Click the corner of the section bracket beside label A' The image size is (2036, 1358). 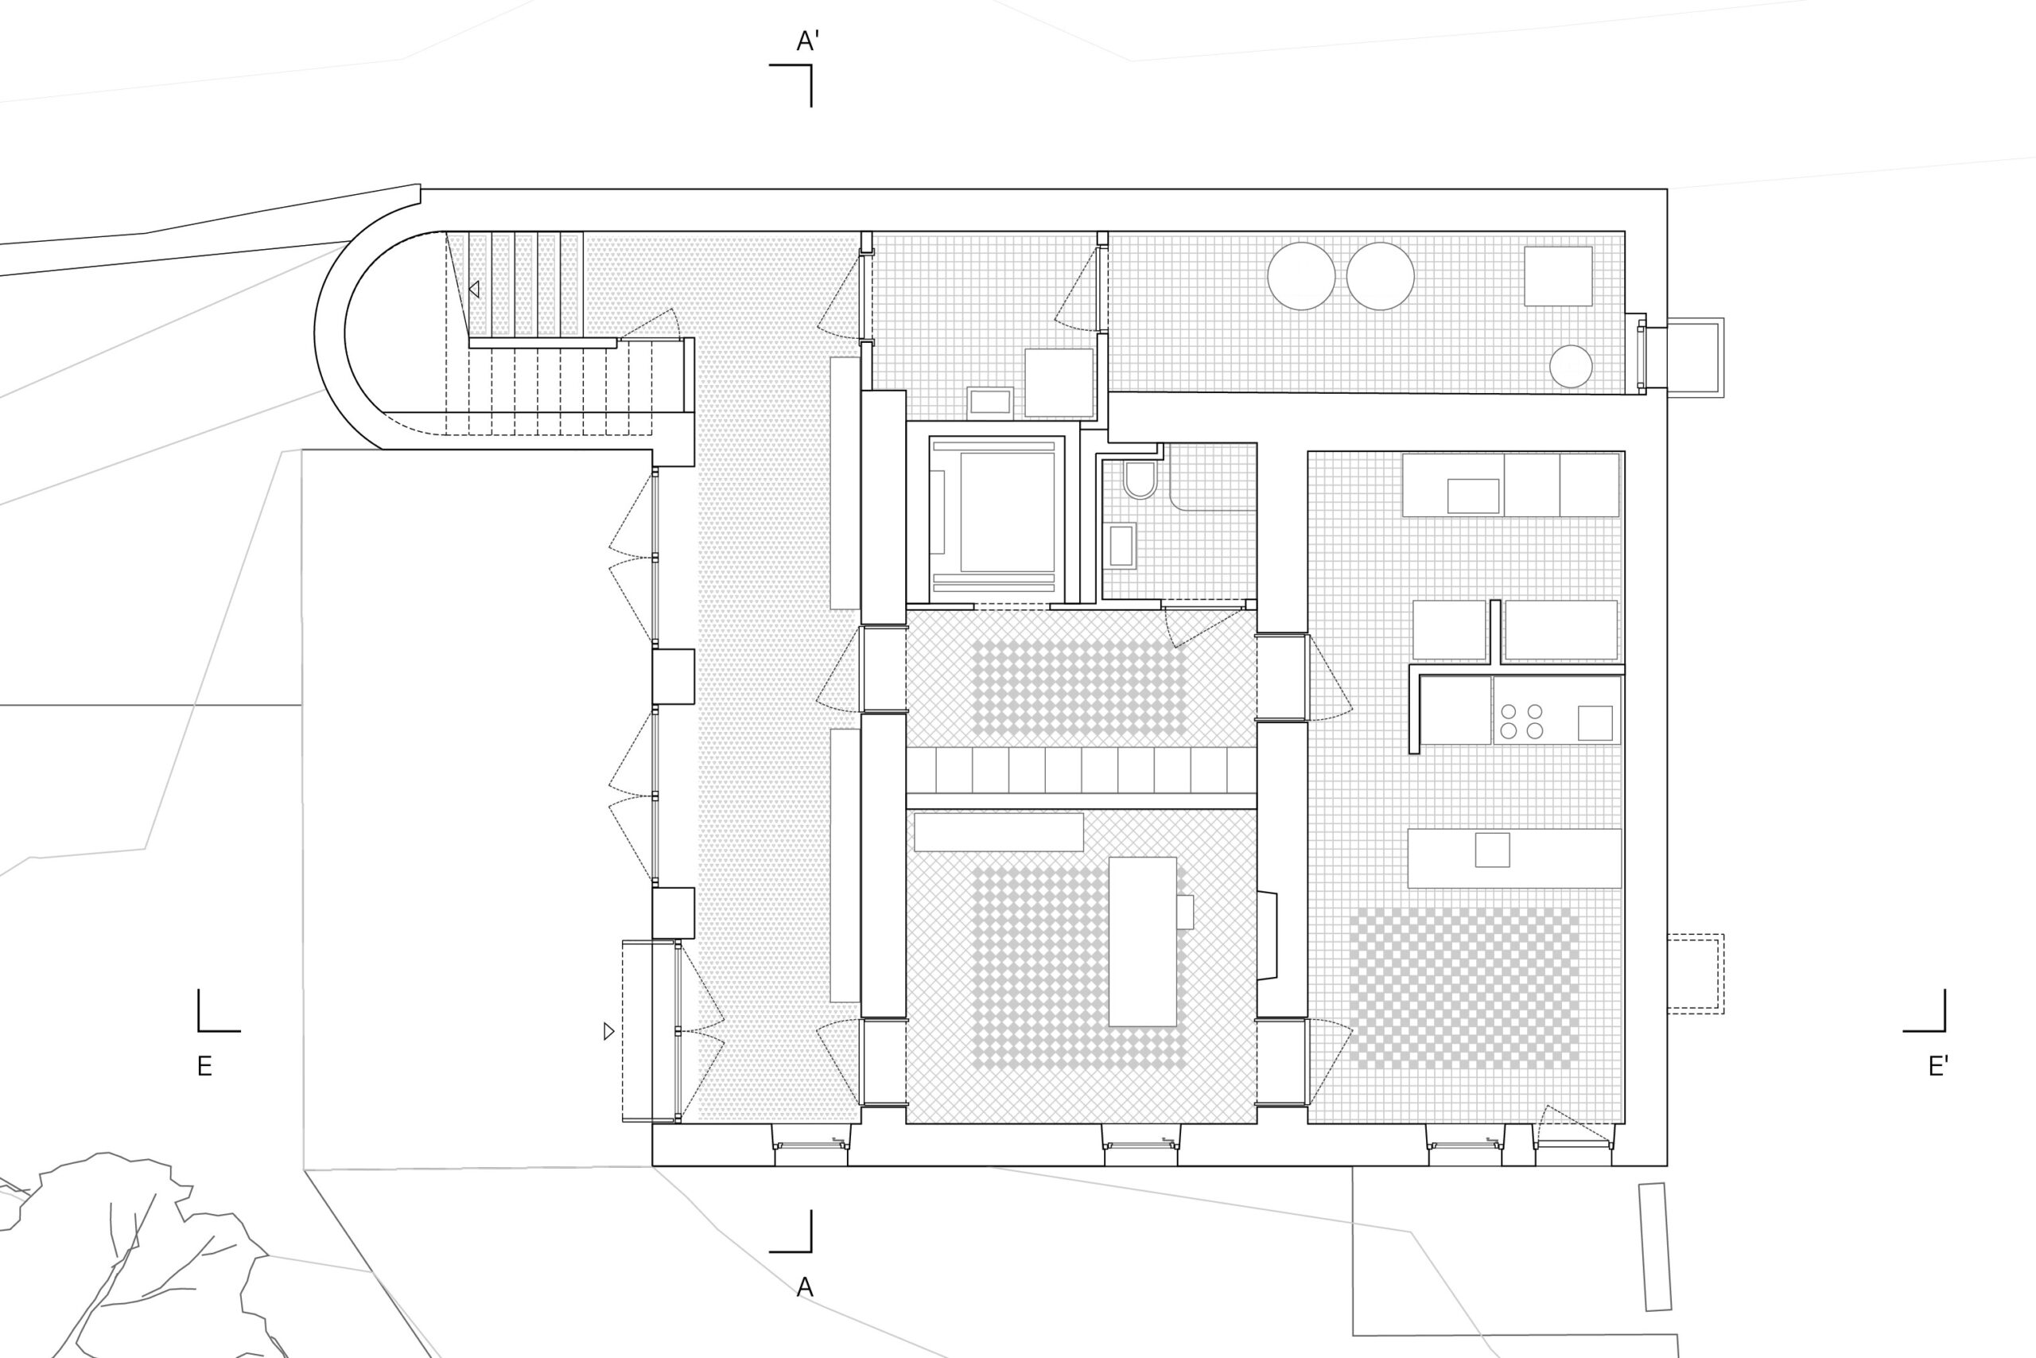click(811, 65)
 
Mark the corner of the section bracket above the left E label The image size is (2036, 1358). click(199, 1030)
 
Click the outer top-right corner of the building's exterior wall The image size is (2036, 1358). click(1667, 189)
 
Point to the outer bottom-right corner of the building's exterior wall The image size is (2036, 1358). click(1667, 1165)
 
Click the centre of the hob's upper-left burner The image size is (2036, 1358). click(1508, 712)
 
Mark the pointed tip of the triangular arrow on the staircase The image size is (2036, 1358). click(469, 290)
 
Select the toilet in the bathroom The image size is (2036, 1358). click(1140, 479)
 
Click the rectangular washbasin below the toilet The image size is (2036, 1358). click(1121, 546)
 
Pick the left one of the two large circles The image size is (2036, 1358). click(1301, 276)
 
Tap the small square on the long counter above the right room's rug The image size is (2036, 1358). click(1492, 850)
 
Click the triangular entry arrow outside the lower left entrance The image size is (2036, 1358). click(608, 1030)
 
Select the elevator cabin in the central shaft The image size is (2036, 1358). click(997, 518)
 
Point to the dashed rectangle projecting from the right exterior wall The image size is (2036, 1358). click(1696, 974)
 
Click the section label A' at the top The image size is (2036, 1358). click(808, 41)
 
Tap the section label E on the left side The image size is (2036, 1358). click(204, 1066)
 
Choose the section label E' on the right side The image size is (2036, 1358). click(1938, 1066)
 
